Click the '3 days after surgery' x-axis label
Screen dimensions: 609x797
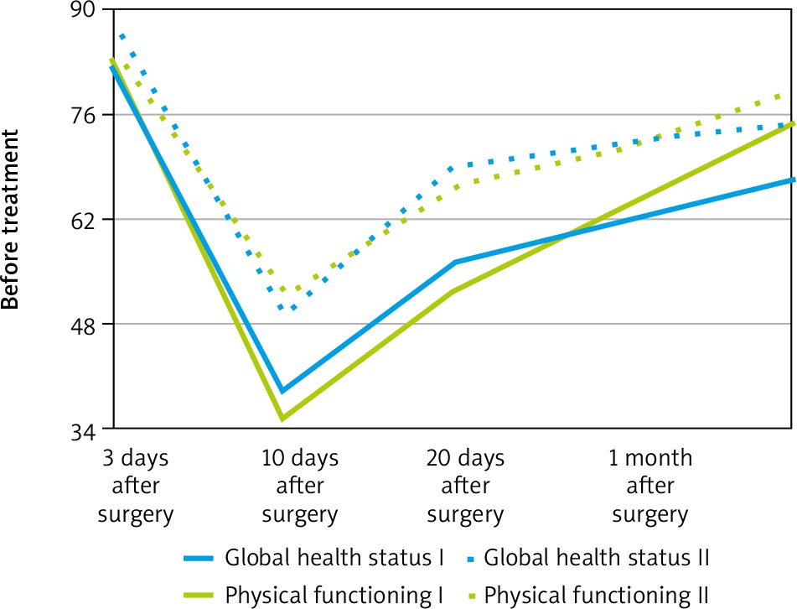point(136,487)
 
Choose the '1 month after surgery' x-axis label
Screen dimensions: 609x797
point(650,487)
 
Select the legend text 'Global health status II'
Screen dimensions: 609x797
point(598,557)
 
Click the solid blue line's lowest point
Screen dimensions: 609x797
point(282,391)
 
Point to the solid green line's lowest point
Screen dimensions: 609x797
point(282,418)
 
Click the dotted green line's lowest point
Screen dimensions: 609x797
point(282,290)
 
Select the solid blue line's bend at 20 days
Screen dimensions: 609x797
point(453,263)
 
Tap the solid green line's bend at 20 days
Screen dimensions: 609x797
point(453,292)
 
